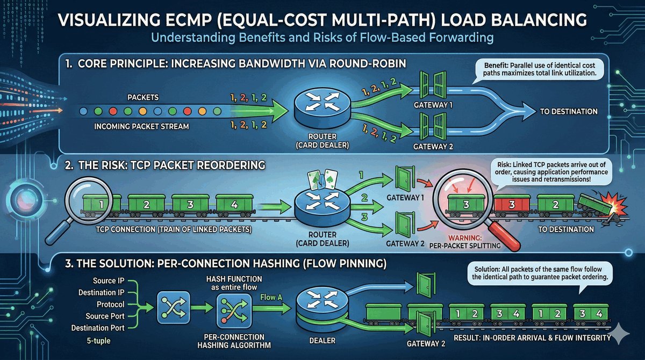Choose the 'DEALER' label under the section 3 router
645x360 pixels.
(322, 340)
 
